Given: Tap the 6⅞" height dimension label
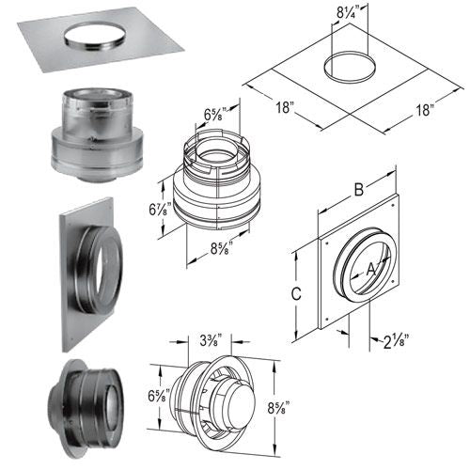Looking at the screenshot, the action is tap(160, 209).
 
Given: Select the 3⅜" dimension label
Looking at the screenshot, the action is tap(211, 341).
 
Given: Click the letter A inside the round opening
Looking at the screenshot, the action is tap(371, 270).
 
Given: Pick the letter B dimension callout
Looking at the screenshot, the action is tap(359, 190).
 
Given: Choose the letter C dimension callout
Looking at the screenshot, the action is tap(296, 293).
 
